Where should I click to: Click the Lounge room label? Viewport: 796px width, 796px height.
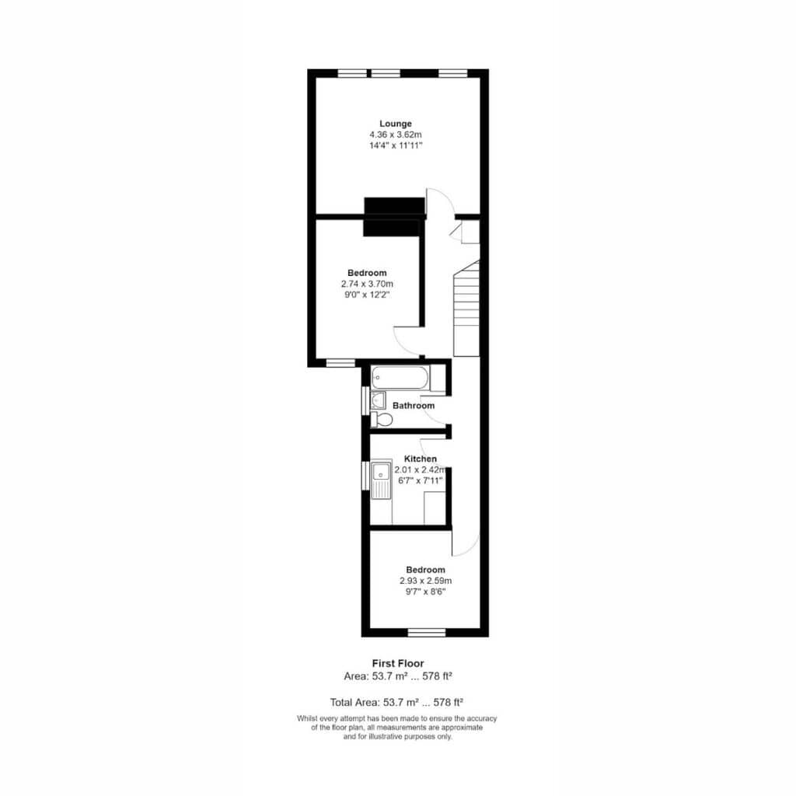click(x=396, y=124)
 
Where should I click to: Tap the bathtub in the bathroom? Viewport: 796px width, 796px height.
click(x=400, y=378)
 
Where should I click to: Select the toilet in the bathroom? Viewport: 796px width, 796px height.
click(x=382, y=419)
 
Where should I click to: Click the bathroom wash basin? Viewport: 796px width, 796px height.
click(x=379, y=400)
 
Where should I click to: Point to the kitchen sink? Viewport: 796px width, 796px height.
click(x=381, y=480)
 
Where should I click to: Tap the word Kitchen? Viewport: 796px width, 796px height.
click(x=421, y=459)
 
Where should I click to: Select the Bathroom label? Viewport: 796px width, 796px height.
click(x=414, y=405)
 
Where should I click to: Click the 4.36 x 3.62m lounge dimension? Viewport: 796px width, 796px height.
click(x=396, y=134)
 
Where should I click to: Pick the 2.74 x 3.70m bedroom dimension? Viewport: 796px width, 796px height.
click(x=367, y=284)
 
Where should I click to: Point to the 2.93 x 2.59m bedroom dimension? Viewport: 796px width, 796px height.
click(x=425, y=580)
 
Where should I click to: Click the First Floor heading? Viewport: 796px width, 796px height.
click(x=398, y=663)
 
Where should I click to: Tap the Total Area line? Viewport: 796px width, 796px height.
click(x=396, y=702)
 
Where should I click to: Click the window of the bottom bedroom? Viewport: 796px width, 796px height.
click(x=427, y=632)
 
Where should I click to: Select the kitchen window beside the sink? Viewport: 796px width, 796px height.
click(x=365, y=476)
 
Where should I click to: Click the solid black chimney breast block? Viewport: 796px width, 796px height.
click(x=394, y=217)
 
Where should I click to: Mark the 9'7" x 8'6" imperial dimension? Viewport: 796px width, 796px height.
click(x=425, y=592)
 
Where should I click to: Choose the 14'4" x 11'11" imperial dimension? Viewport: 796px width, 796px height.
click(x=396, y=145)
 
